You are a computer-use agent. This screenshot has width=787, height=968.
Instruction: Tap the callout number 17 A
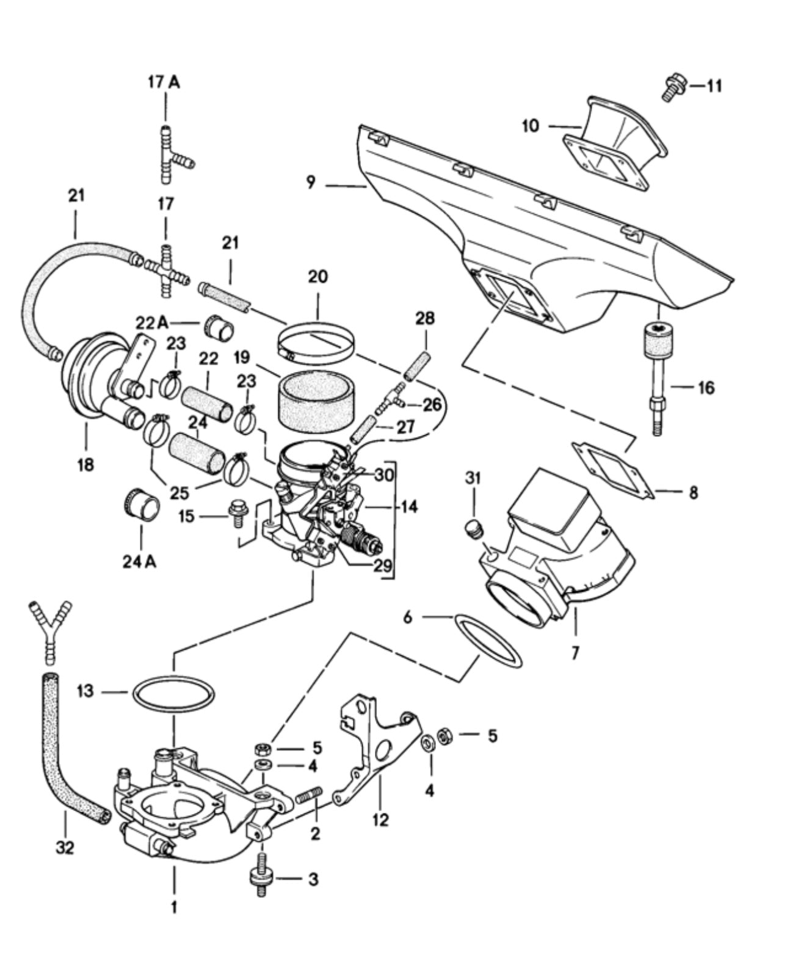tap(164, 82)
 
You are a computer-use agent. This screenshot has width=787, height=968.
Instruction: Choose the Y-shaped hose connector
tap(51, 630)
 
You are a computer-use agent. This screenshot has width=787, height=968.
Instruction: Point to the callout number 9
tap(311, 183)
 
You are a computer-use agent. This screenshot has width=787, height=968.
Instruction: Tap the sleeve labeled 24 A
tap(141, 503)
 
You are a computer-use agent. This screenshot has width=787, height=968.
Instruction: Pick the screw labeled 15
tap(238, 514)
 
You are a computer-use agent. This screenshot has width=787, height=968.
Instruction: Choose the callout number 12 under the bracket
tap(380, 820)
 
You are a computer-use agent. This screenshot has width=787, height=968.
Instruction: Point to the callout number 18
tap(85, 465)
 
